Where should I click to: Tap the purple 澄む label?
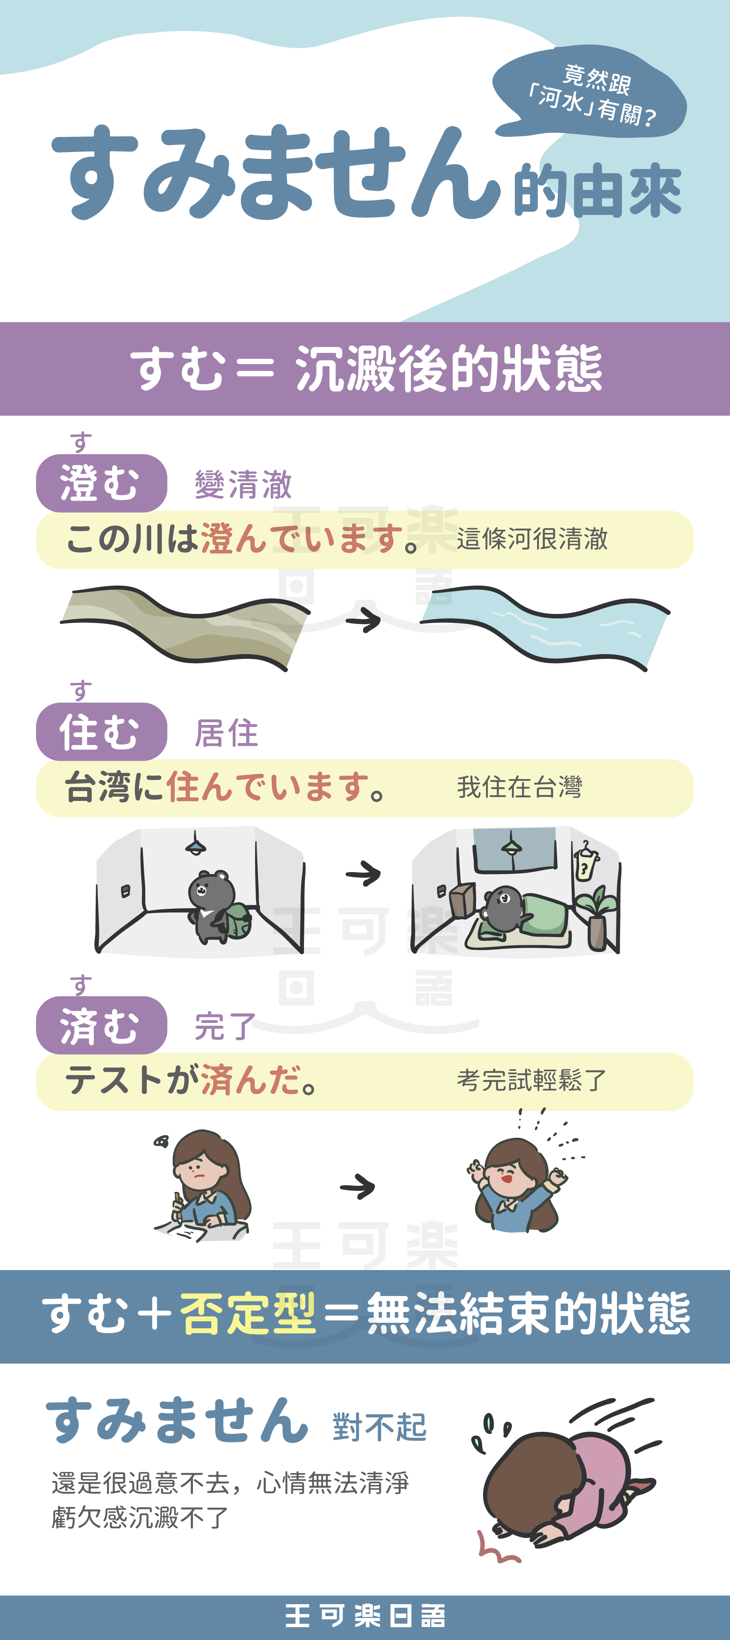pyautogui.click(x=101, y=483)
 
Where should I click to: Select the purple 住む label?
pyautogui.click(x=101, y=732)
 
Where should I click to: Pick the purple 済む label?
pyautogui.click(x=101, y=1025)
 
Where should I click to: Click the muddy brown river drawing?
pyautogui.click(x=185, y=627)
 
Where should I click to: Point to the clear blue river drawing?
pyautogui.click(x=545, y=627)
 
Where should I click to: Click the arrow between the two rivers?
pyautogui.click(x=363, y=619)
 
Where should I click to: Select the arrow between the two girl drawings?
pyautogui.click(x=358, y=1187)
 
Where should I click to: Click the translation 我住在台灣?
pyautogui.click(x=519, y=787)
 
